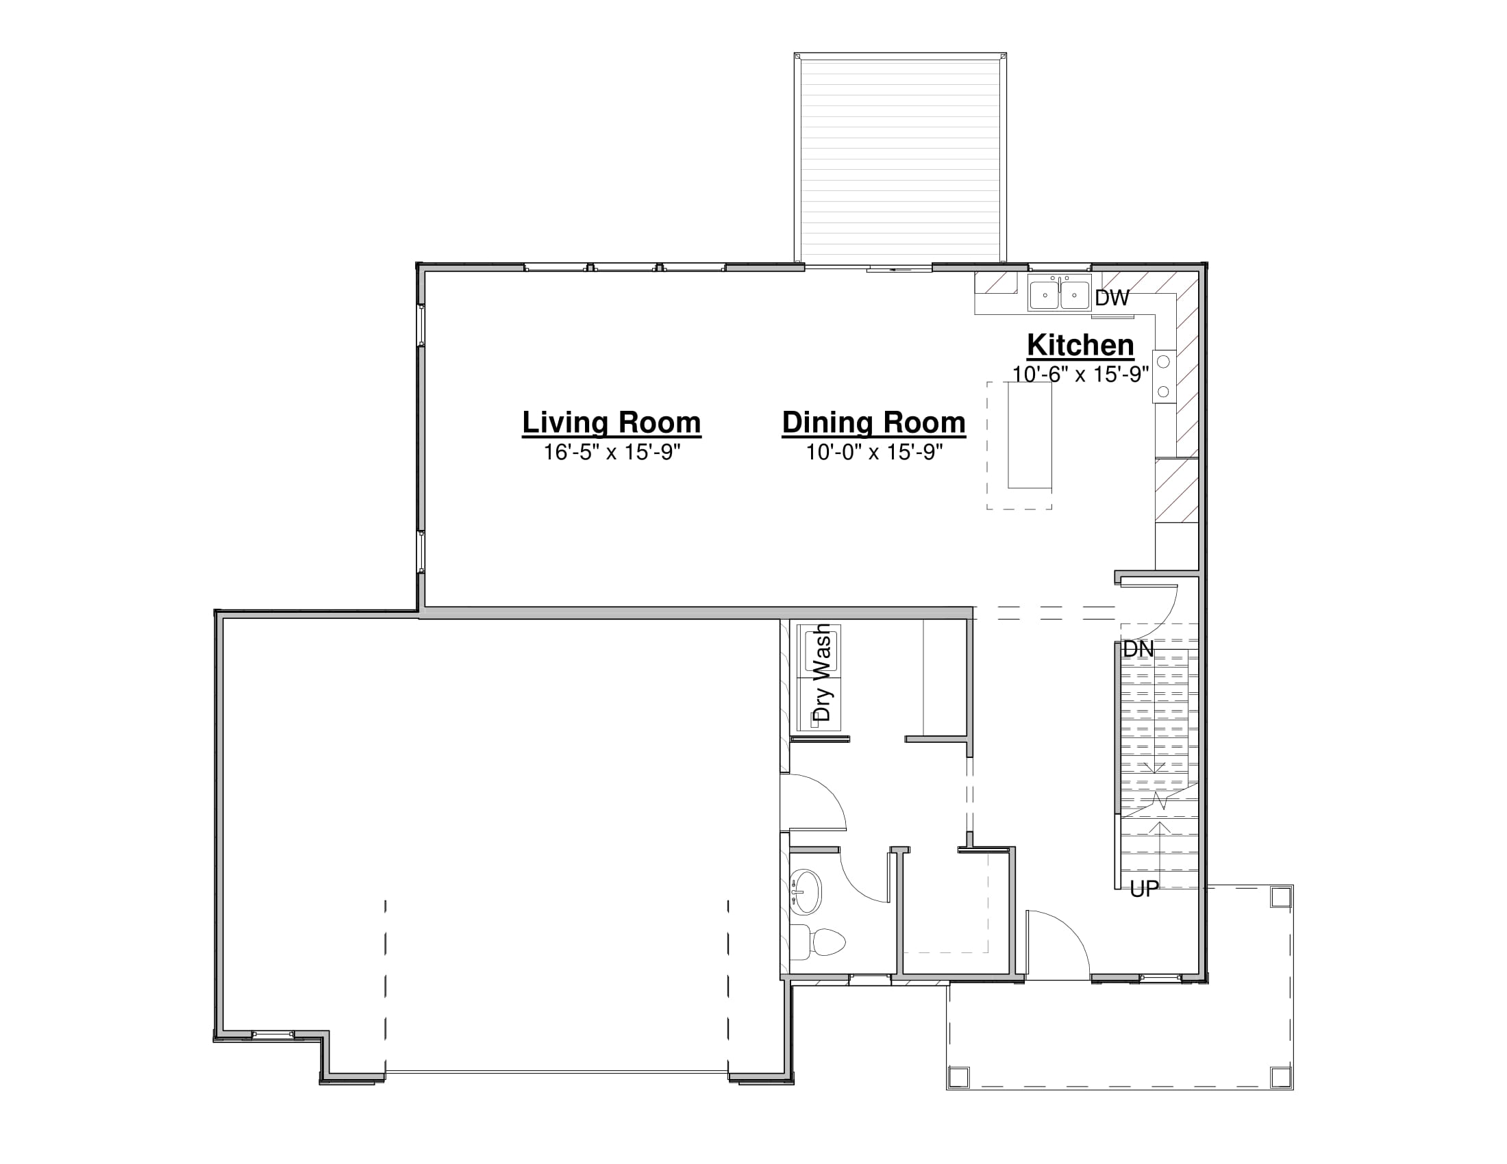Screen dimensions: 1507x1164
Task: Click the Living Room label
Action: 611,422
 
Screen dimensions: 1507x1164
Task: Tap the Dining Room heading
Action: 873,422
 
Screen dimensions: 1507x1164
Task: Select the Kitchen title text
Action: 1080,345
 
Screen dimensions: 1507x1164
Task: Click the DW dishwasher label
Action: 1112,298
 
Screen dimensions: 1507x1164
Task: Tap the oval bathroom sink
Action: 806,891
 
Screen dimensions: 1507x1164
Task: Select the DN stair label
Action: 1138,650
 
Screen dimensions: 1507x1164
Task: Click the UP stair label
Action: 1145,890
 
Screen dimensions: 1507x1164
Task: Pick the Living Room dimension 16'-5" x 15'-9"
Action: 612,453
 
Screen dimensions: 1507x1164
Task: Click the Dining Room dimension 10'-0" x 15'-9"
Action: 874,453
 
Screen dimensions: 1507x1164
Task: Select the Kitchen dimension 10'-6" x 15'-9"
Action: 1080,374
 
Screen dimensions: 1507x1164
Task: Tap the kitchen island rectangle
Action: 1030,435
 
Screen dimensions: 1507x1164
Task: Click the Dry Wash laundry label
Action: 822,672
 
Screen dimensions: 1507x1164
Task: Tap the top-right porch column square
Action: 1281,897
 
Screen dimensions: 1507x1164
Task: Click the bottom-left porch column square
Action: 959,1077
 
